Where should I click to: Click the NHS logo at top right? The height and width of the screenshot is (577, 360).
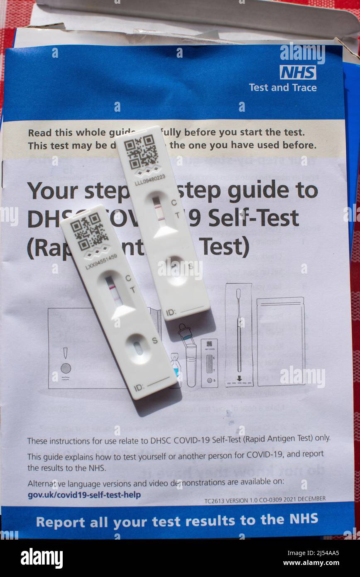click(x=298, y=72)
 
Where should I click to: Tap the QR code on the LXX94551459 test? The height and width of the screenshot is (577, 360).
click(x=89, y=232)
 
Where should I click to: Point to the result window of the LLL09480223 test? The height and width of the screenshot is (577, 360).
click(x=159, y=209)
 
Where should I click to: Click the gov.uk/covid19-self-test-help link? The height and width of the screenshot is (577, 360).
click(x=84, y=495)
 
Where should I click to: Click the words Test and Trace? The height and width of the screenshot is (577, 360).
click(x=282, y=88)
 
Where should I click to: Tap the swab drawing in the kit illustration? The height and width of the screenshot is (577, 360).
click(x=239, y=332)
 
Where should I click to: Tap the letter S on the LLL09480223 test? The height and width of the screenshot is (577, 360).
click(x=191, y=266)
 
